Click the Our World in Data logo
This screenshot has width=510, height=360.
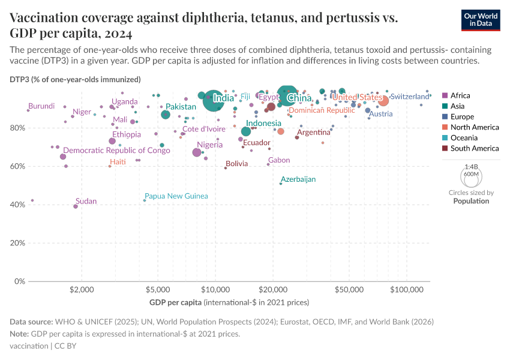[x=485, y=20]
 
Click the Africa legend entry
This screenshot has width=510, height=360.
[x=461, y=95]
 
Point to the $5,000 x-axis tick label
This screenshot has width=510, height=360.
[x=157, y=289]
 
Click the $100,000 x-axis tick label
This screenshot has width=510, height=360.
[x=407, y=289]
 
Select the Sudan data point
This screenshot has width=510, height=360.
[x=76, y=206]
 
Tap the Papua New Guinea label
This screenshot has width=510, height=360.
[x=176, y=196]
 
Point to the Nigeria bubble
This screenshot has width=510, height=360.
[x=197, y=152]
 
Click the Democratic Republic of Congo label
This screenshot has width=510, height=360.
[x=116, y=151]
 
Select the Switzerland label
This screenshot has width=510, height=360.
[x=418, y=97]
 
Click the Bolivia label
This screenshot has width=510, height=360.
[x=236, y=164]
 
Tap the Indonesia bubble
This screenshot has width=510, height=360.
[x=246, y=131]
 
